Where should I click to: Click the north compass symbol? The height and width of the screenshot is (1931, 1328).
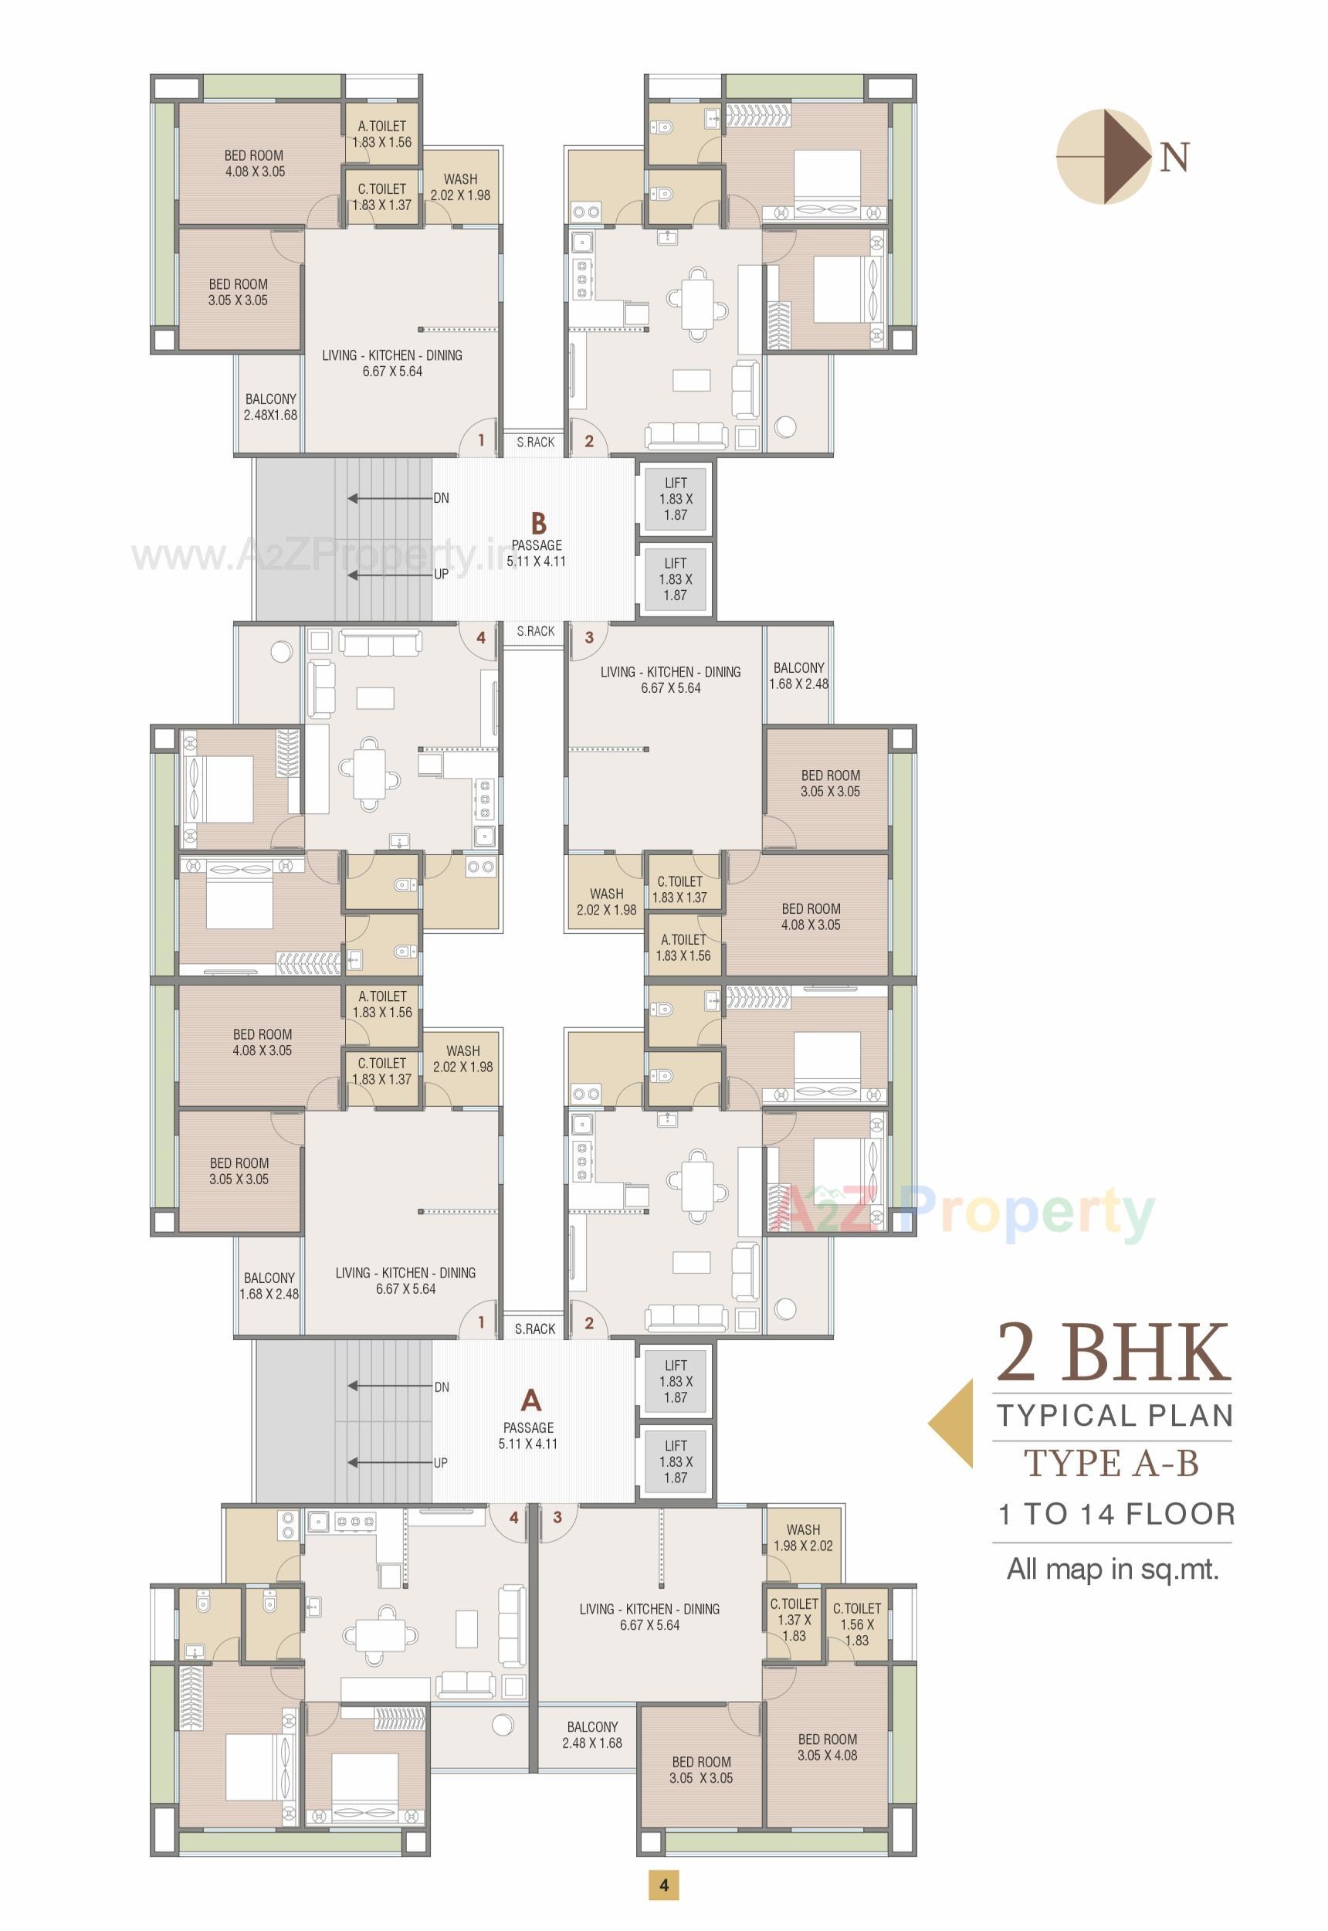1103,157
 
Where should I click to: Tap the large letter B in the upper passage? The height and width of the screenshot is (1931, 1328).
539,524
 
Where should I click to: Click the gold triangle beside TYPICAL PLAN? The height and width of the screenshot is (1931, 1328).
952,1424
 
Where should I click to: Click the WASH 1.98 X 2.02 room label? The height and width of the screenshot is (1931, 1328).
803,1537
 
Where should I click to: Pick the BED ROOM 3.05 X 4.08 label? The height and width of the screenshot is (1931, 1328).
827,1747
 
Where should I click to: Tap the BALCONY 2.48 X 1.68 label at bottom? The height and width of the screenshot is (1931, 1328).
591,1736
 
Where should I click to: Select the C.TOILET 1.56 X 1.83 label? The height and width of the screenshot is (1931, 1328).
857,1624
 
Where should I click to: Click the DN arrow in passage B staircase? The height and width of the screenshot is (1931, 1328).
391,498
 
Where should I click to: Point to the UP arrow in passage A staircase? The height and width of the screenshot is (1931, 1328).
391,1462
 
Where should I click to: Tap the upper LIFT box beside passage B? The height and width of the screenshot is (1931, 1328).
676,498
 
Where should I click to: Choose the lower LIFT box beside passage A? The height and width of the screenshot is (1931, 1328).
676,1461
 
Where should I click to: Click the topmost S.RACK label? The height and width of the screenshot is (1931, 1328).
535,442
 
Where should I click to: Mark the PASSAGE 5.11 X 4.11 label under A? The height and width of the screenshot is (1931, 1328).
528,1436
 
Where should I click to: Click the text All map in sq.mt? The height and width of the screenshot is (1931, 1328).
1113,1569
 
